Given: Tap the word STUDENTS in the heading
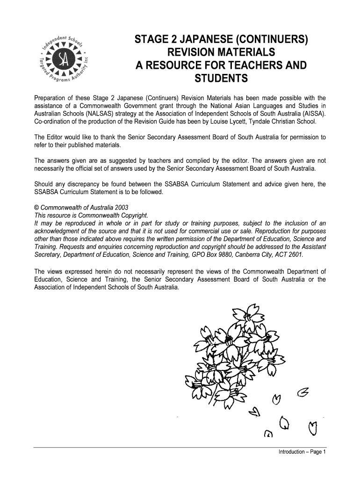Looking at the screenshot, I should pyautogui.click(x=221, y=79).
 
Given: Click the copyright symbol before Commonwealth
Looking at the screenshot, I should pyautogui.click(x=37, y=207).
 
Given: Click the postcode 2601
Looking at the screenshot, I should pyautogui.click(x=295, y=255).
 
